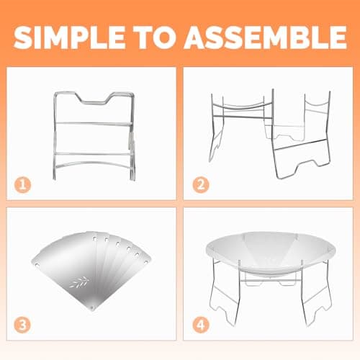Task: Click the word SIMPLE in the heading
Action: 70,37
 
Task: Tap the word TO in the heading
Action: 157,37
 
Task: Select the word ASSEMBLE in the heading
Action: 266,37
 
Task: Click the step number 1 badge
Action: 22,185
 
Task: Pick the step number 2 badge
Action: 201,185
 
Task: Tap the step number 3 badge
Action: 22,325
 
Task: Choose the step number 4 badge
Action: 201,325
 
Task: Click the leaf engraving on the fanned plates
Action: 80,282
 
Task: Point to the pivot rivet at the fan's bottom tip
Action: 93,308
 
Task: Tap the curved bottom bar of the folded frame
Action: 94,163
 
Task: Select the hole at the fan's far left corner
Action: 37,265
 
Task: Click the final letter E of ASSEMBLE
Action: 338,37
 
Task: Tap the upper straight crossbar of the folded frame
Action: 94,123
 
